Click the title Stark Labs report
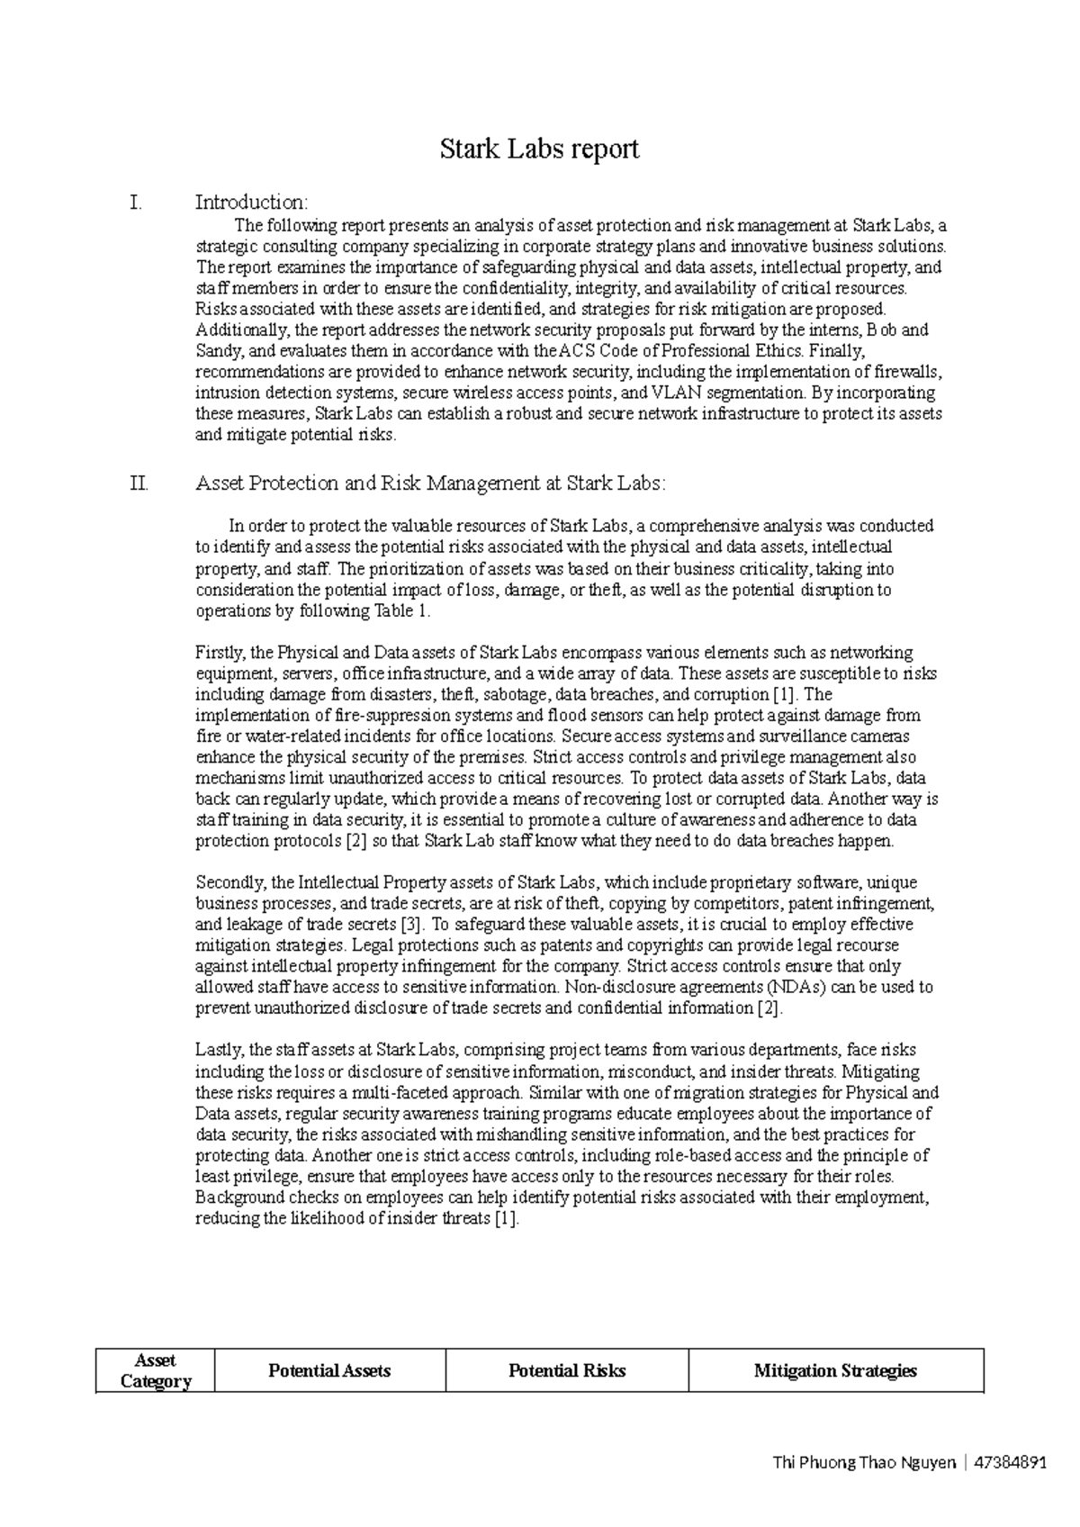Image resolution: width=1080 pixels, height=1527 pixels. click(539, 149)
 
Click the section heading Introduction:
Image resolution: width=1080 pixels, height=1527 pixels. click(252, 202)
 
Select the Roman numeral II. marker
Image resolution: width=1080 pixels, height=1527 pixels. click(139, 483)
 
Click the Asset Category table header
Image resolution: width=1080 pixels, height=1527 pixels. click(155, 1370)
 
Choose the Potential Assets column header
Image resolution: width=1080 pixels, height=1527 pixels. click(329, 1370)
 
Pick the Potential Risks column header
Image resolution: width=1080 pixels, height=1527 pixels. click(567, 1370)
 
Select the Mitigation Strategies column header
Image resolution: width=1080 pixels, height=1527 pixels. click(835, 1370)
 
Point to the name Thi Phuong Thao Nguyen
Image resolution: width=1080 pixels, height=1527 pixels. click(863, 1463)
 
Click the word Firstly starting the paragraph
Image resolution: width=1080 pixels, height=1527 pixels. click(220, 652)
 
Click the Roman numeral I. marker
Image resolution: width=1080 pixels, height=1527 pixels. click(136, 202)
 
